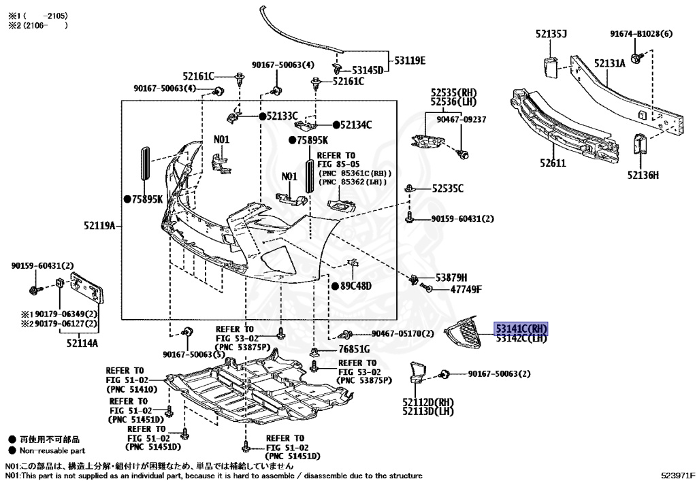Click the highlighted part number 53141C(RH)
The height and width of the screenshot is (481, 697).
click(521, 329)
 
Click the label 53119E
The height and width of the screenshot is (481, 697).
click(407, 61)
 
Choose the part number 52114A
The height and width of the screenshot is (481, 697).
click(82, 343)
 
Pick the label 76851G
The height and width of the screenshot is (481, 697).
click(354, 349)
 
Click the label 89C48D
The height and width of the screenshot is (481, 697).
click(356, 286)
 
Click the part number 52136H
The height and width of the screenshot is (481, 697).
click(643, 176)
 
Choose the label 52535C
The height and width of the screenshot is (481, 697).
click(447, 188)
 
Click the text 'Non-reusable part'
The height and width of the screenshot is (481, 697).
click(52, 450)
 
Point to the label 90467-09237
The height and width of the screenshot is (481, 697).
click(461, 119)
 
